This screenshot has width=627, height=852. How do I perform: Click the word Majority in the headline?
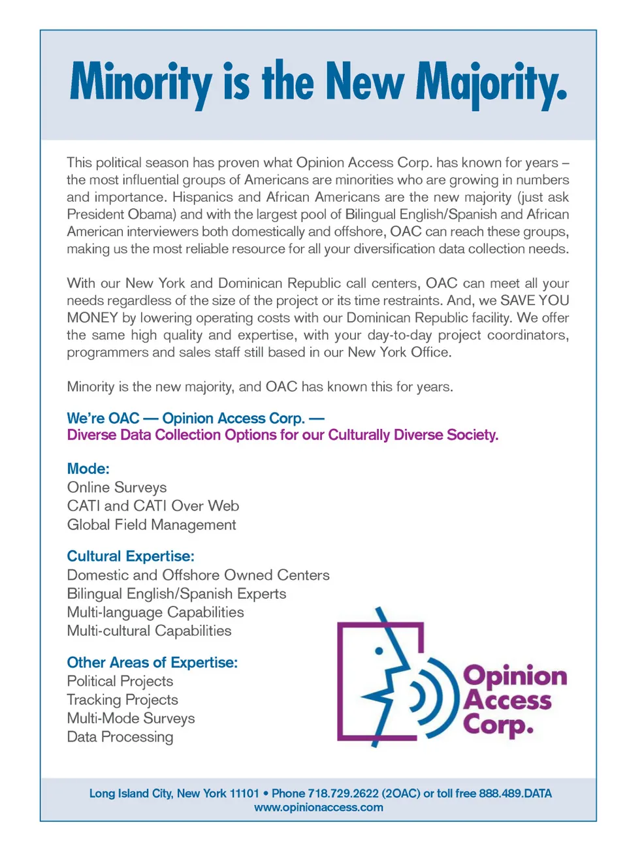[491, 83]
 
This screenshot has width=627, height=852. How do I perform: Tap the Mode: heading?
[88, 469]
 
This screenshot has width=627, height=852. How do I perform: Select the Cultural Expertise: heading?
[131, 556]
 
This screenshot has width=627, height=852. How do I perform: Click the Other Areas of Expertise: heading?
[152, 663]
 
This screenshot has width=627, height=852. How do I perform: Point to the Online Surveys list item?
[117, 488]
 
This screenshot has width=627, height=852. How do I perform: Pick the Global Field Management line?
[152, 525]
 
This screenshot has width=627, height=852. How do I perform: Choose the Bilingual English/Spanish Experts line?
[176, 594]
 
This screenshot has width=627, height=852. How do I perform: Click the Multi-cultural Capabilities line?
[149, 631]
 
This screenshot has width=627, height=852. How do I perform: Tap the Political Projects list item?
[120, 682]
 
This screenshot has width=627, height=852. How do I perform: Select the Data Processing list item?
[120, 737]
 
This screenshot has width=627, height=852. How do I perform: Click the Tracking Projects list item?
[122, 700]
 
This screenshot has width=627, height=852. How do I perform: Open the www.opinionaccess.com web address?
[319, 808]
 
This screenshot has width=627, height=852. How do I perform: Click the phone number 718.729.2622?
[343, 794]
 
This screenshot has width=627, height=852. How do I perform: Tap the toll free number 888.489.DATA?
[515, 794]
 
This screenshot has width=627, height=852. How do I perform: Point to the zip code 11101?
[244, 794]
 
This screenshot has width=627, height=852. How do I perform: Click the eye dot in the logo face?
[379, 651]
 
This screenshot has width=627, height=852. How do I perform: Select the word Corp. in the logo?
[498, 725]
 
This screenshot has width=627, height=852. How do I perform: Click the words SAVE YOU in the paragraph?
[534, 301]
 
